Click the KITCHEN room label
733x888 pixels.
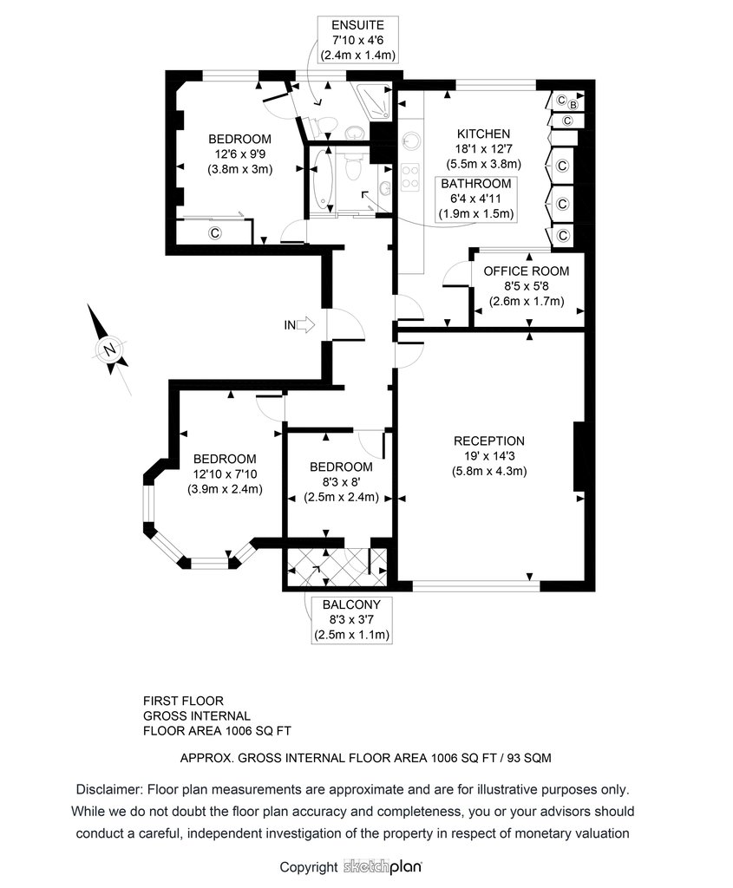point(484,134)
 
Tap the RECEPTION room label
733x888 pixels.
point(489,441)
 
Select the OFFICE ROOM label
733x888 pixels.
point(527,271)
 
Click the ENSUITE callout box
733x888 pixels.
point(357,40)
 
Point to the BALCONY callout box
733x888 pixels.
point(352,619)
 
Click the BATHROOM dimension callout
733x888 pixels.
point(476,199)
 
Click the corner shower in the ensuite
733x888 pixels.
point(372,101)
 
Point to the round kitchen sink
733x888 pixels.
point(410,140)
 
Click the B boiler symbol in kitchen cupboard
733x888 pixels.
point(573,105)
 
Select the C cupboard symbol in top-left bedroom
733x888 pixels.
point(214,232)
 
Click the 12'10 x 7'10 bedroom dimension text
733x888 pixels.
point(225,474)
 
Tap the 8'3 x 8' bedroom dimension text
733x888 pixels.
point(341,482)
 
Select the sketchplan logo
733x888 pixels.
point(383,867)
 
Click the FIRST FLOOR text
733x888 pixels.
point(184,701)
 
